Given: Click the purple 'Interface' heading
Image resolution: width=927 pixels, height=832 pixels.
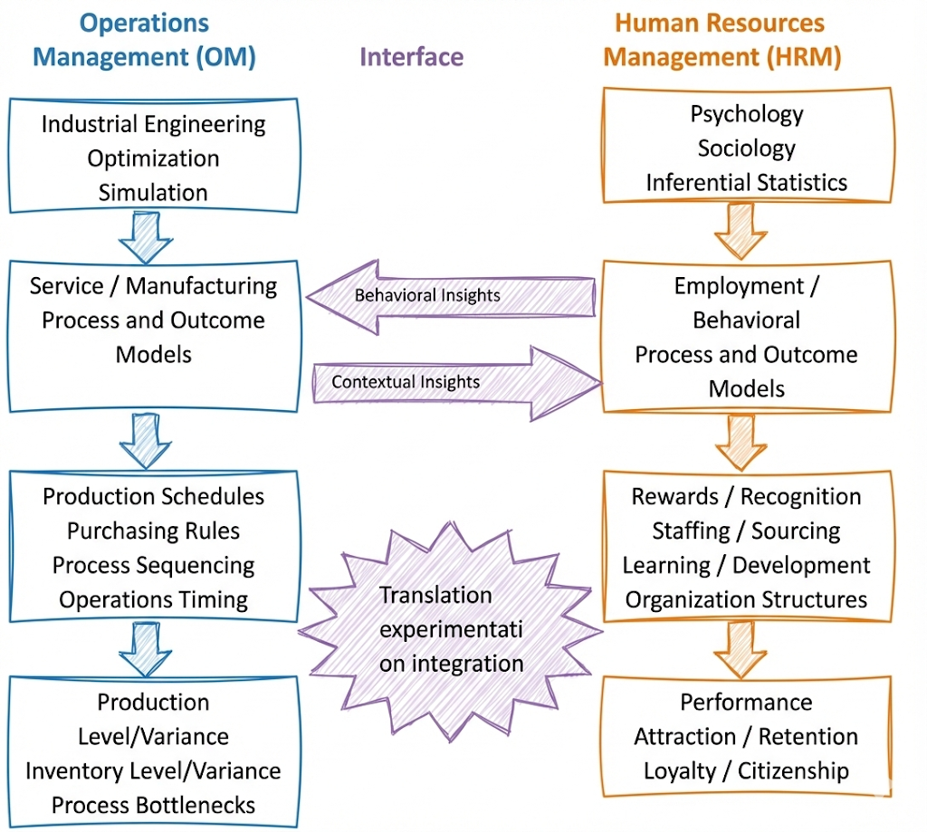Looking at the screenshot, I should pos(411,57).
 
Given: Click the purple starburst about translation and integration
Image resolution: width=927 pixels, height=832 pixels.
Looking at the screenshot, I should pos(450,628).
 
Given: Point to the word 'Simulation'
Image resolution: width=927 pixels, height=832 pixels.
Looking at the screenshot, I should pos(153,192).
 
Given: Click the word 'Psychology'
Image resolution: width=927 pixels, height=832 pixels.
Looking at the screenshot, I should pos(746,114).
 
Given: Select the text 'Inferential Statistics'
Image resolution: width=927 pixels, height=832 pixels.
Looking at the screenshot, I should pos(746,182).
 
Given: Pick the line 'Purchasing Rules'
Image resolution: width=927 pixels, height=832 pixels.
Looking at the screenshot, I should pos(153,531).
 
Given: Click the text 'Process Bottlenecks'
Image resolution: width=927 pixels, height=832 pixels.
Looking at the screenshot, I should pos(153,804).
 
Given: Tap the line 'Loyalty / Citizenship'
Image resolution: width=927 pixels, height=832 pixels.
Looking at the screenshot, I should pos(746,770).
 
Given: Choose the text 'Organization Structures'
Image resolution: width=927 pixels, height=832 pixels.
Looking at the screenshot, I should pos(746,599).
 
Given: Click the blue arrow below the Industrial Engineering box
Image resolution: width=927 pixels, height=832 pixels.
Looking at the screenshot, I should pos(145,237).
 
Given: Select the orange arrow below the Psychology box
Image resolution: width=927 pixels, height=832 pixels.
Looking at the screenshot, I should pos(741,231).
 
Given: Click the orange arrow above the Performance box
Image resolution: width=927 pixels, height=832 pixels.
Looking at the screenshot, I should pos(741,649).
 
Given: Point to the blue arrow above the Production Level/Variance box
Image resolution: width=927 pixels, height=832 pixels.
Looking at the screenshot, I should pos(145,648).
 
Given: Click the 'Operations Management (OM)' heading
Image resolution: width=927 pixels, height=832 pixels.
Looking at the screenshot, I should pos(145,40).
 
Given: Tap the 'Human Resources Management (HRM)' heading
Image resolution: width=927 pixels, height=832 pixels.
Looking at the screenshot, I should pos(722,40).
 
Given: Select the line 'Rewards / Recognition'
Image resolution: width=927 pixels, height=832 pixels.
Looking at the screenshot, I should pos(746,496).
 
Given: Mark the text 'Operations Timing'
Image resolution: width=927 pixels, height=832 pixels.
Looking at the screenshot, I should pos(153,599).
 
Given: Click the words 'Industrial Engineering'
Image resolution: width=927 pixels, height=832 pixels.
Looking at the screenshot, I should pos(153,124).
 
